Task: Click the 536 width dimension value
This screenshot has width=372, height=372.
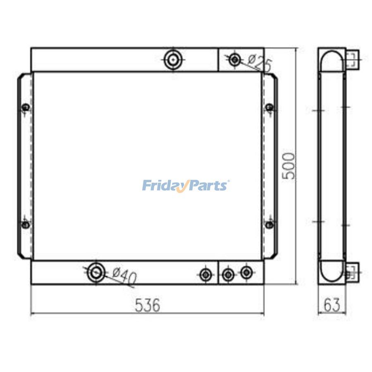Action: (147, 305)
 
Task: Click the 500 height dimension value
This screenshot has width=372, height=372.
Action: (289, 166)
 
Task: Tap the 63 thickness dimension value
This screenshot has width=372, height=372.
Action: (332, 305)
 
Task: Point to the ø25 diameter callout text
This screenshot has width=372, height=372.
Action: (259, 62)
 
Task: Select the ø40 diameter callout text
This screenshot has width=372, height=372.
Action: (124, 276)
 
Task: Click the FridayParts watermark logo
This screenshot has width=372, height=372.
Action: (186, 186)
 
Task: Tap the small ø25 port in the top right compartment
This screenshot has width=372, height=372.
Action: (235, 60)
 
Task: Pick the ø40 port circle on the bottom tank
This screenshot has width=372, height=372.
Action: (96, 273)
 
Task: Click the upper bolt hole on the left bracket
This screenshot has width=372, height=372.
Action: (26, 107)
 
